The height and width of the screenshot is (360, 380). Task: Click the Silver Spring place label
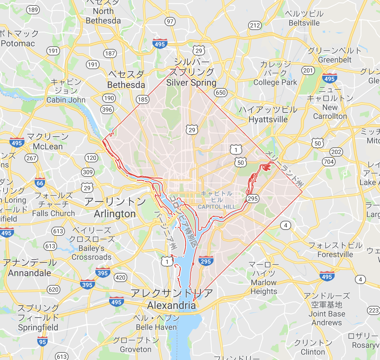(191, 82)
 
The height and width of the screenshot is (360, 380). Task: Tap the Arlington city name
(115, 214)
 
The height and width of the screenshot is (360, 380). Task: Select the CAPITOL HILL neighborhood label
(217, 207)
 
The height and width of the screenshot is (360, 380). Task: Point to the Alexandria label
(171, 306)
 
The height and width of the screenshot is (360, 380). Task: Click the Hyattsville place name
(268, 120)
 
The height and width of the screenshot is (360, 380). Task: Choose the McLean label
(48, 147)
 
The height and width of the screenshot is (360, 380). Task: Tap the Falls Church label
(54, 214)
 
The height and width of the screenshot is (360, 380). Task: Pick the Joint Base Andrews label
(327, 318)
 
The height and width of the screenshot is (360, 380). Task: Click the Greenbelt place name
(335, 60)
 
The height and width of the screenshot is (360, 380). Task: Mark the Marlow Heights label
(264, 287)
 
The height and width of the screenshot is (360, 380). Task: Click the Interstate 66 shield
(40, 183)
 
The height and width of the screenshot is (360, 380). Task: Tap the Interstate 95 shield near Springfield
(42, 342)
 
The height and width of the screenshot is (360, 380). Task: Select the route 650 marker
(221, 93)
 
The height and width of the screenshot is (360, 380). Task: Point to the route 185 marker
(143, 99)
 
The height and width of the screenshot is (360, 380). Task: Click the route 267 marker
(31, 158)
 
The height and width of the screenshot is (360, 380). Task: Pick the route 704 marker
(329, 162)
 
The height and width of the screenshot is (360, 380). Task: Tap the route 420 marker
(120, 277)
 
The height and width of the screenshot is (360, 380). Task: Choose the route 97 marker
(170, 22)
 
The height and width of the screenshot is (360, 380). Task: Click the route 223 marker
(374, 310)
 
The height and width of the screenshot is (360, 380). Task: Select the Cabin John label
(66, 100)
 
